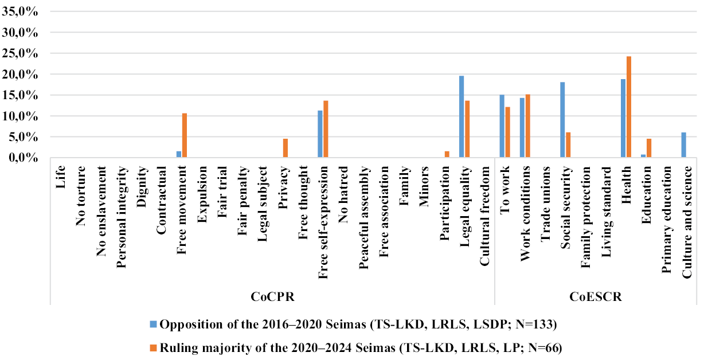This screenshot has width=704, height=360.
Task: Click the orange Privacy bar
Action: tap(285, 148)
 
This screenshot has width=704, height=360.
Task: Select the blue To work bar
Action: tap(502, 126)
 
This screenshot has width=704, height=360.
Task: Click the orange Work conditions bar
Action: tap(527, 126)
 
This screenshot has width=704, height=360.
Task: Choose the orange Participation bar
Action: tap(447, 155)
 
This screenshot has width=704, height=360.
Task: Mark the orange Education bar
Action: tap(649, 148)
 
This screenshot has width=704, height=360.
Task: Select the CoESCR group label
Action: tap(596, 298)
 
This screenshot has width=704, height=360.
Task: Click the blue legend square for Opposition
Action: tap(154, 324)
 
